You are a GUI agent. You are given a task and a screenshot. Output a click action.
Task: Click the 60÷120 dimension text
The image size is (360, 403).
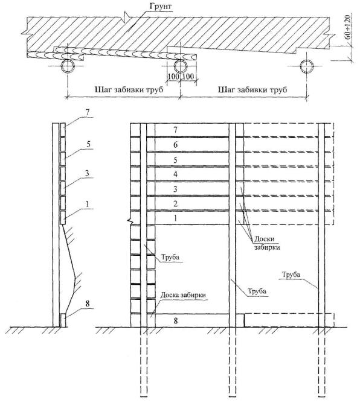[347, 27]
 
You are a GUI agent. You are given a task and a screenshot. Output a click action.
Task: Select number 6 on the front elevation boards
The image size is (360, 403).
[175, 145]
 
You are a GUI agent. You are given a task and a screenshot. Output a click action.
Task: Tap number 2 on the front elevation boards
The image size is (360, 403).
[176, 204]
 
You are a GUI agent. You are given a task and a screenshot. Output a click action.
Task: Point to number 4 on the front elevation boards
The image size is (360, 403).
[175, 174]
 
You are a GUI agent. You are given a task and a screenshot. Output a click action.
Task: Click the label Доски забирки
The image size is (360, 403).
[267, 243]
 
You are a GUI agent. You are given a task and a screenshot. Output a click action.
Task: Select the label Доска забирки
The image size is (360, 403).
[183, 294]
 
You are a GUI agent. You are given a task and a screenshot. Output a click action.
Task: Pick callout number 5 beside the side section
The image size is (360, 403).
[88, 144]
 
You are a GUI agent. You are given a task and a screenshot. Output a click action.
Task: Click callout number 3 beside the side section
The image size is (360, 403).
[87, 173]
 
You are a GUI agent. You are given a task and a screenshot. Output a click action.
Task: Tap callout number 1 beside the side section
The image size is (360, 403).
[87, 204]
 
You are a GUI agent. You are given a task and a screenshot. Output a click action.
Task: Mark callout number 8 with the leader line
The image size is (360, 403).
[88, 303]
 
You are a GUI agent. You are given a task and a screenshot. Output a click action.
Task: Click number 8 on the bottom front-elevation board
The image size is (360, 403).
[176, 320]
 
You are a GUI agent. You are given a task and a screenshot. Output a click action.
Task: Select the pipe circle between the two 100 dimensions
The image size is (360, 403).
[180, 66]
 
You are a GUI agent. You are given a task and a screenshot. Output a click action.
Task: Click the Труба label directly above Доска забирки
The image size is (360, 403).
[170, 257]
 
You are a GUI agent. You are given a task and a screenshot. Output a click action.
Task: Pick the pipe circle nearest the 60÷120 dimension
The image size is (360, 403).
[307, 66]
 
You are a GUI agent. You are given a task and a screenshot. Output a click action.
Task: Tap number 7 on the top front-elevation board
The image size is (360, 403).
[175, 130]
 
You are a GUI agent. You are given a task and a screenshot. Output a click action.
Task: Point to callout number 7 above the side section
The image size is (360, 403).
[87, 112]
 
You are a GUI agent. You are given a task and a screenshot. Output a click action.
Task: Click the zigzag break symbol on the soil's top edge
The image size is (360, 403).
[126, 17]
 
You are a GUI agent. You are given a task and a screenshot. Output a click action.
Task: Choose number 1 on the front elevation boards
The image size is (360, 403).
[176, 218]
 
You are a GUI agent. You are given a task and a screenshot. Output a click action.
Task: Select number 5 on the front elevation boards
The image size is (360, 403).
[175, 160]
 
